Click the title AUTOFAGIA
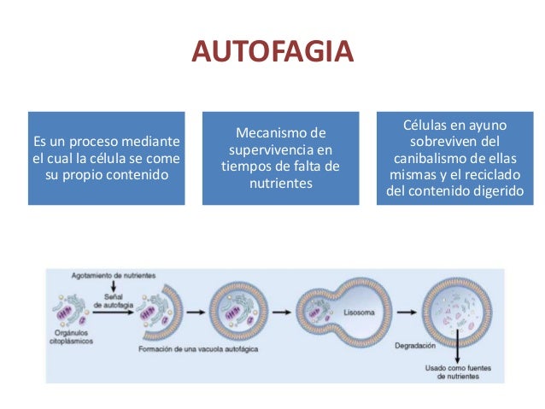[272, 52]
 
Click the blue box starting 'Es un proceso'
[106, 158]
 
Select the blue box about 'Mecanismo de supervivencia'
[280, 158]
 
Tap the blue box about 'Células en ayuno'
[454, 158]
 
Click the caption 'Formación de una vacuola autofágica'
[191, 350]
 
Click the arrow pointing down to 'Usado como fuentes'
[458, 351]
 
